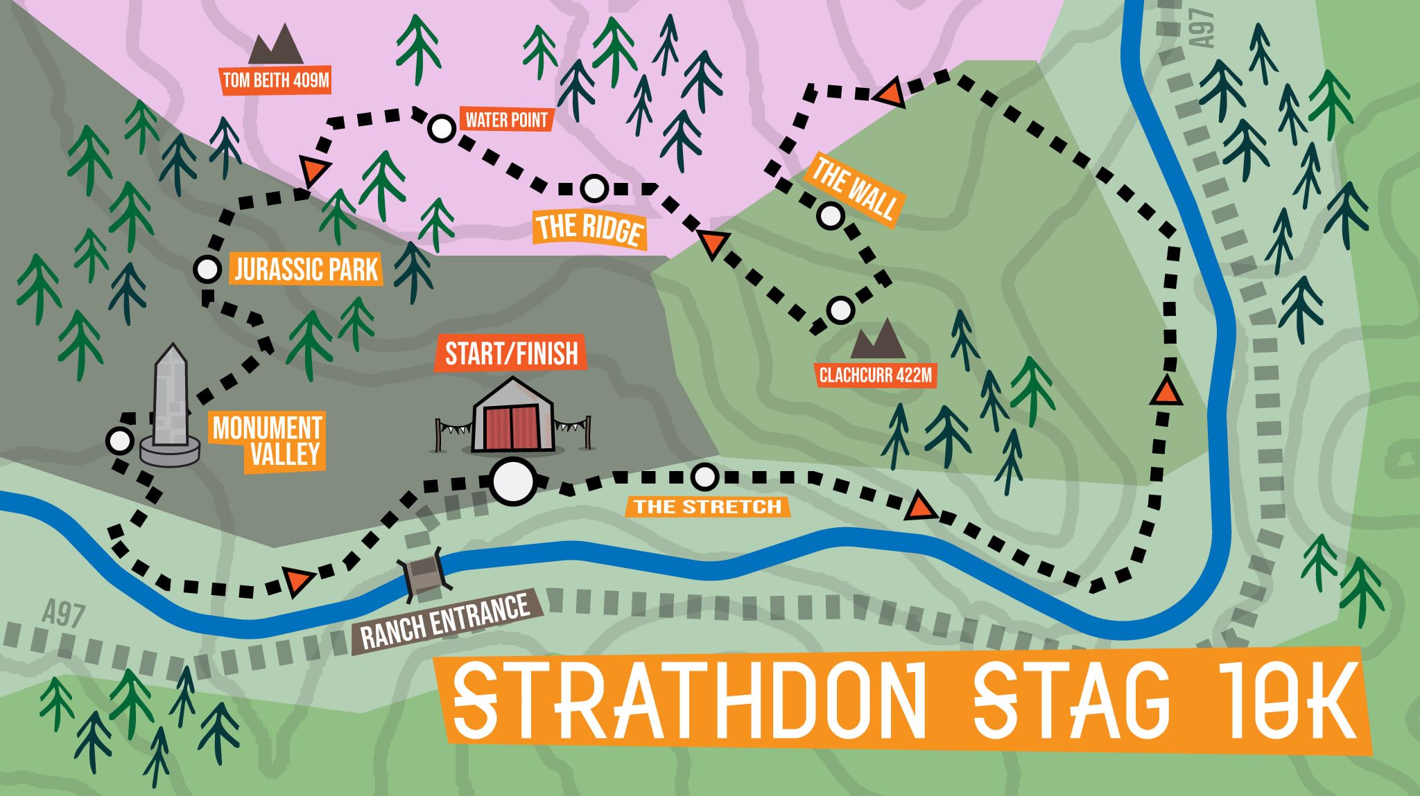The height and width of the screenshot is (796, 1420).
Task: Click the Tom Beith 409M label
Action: (x=275, y=81)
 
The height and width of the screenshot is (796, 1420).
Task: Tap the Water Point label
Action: (x=507, y=120)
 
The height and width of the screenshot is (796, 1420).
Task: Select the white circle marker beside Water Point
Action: (x=440, y=128)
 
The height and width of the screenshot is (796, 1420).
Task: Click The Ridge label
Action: (x=589, y=228)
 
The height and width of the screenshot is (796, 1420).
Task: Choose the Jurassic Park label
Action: (x=306, y=269)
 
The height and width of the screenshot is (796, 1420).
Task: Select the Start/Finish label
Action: (x=511, y=354)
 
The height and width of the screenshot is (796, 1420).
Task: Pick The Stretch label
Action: (x=707, y=506)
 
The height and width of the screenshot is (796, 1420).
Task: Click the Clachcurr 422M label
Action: (x=875, y=376)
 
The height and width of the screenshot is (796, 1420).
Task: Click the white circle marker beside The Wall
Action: (x=829, y=216)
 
